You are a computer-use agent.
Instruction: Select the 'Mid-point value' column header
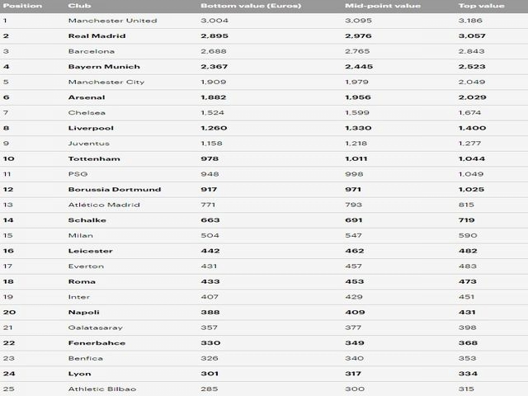371,5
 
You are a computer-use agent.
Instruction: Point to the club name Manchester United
112,21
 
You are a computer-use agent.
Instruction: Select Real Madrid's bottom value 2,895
214,35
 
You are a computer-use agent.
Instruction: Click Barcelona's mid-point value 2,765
359,51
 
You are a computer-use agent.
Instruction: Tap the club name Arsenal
86,97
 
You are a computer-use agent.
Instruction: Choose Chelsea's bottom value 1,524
214,112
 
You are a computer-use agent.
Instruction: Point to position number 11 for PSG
7,174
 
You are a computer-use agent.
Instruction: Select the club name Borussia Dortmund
115,189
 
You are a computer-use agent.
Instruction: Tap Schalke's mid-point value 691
355,219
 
